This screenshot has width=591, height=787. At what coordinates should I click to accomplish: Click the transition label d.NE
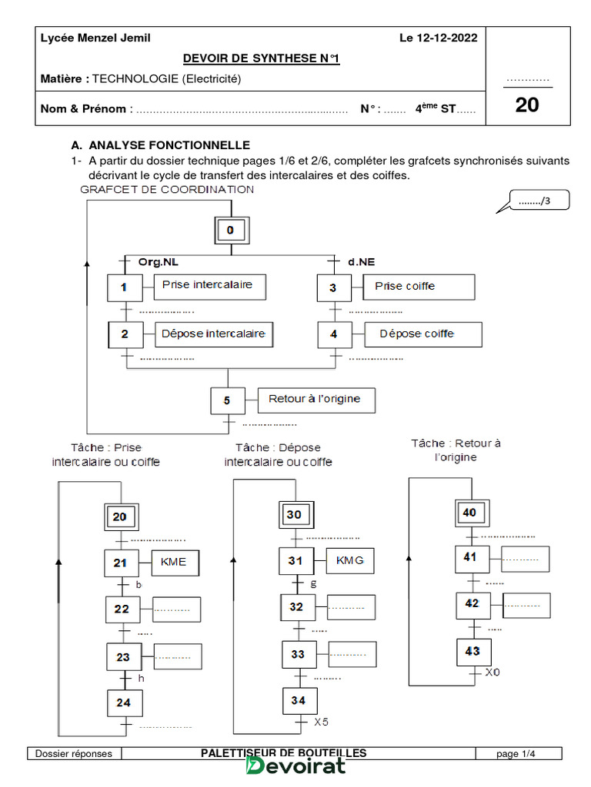pos(359,262)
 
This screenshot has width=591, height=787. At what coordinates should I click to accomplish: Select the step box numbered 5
pos(227,400)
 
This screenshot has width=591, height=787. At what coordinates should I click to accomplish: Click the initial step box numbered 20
pos(120,517)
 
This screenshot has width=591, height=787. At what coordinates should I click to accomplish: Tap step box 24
pos(123,702)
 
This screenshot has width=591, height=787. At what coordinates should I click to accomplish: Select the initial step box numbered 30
pos(294,515)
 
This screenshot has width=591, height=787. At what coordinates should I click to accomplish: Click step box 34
pos(298,700)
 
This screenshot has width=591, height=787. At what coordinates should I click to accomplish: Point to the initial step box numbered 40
pos(469,512)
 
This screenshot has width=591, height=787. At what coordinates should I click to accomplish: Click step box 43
pos(472,652)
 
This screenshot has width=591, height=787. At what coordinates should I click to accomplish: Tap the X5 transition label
pos(321,722)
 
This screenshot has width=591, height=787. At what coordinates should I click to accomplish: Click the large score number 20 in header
pos(527,105)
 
